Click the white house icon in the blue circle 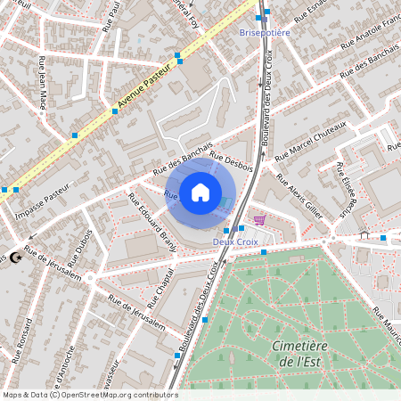click(200, 192)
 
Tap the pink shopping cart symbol click(259, 218)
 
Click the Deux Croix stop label click(234, 241)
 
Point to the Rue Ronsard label click(17, 342)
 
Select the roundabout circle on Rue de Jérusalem click(90, 277)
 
